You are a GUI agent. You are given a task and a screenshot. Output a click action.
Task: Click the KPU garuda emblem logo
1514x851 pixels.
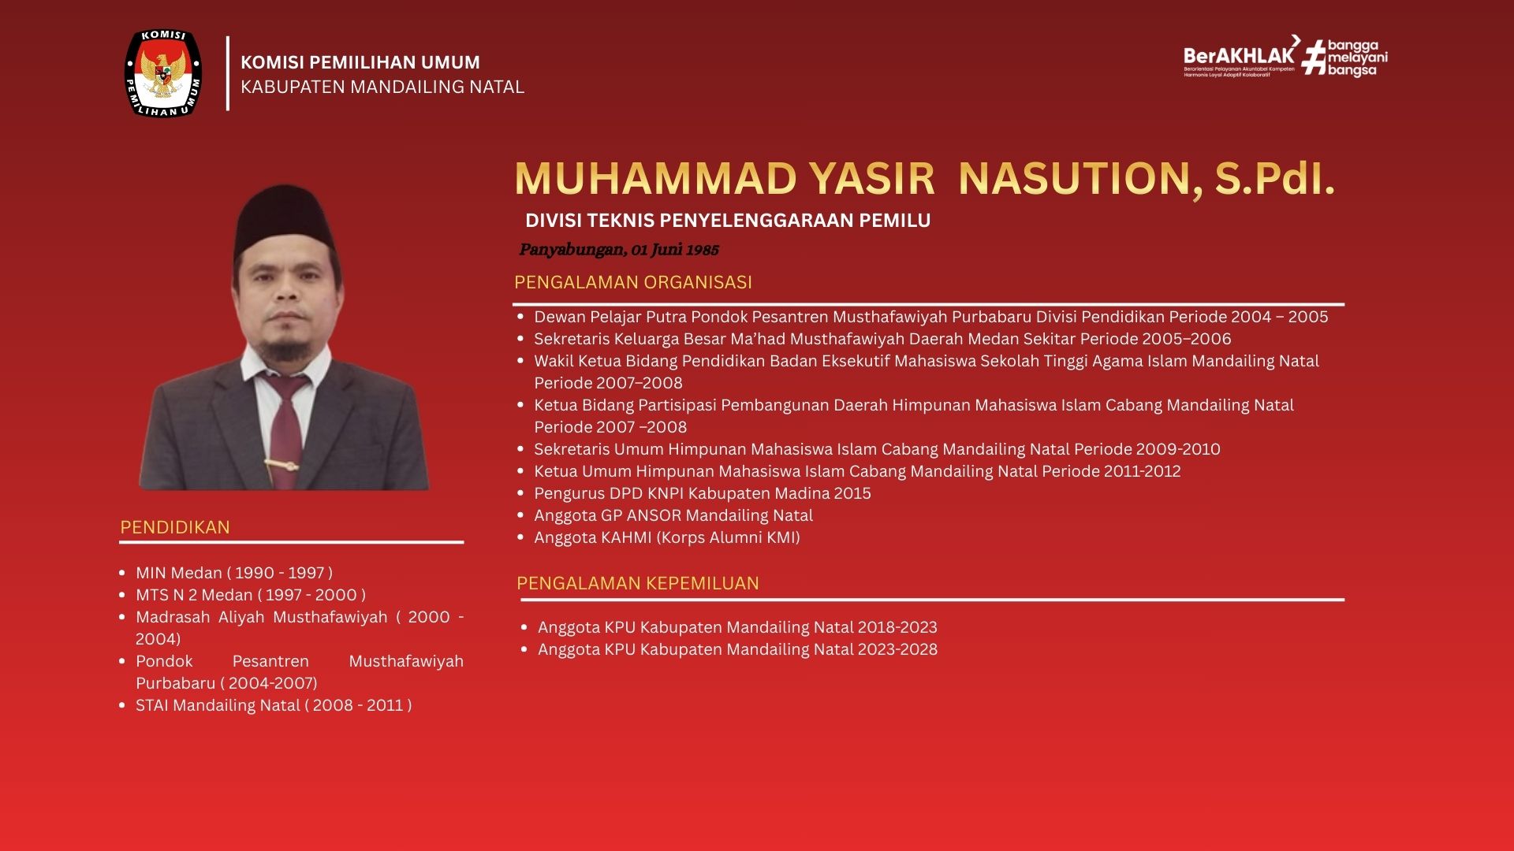pos(163,73)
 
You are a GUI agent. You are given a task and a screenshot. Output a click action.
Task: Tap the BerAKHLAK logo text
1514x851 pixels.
pos(1239,55)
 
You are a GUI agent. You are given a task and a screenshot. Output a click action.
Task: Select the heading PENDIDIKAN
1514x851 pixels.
pos(175,527)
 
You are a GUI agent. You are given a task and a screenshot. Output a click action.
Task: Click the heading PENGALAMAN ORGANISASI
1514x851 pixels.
pos(633,282)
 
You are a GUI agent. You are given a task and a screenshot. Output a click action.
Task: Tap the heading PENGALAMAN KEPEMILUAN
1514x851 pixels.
pos(638,583)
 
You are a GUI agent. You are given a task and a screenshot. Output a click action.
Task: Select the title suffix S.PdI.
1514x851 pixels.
pos(1274,178)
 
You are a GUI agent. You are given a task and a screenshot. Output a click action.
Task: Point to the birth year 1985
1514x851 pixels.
pos(703,250)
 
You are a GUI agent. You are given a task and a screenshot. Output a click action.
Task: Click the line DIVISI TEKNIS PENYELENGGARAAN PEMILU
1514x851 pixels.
pos(728,221)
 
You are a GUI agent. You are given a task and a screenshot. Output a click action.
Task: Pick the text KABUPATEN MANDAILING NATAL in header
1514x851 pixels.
pos(382,87)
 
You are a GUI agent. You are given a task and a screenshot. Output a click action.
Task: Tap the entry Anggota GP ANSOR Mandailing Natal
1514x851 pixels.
pos(673,515)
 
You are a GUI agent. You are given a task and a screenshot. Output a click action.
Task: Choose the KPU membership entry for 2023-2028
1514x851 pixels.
pos(738,649)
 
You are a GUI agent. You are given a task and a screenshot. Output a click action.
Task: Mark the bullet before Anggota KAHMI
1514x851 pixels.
pos(520,537)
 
